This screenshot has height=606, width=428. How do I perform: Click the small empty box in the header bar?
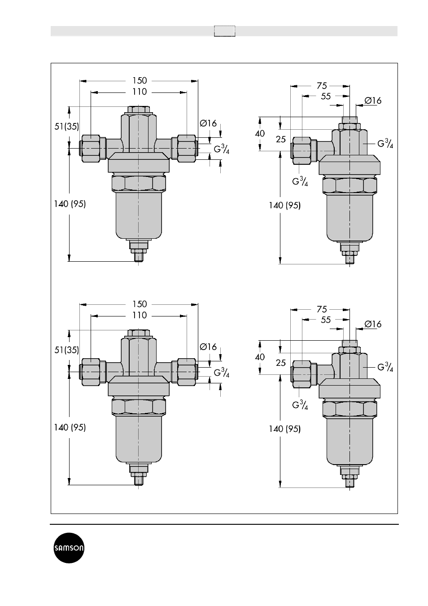click(224, 31)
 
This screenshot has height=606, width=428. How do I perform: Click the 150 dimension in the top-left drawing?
click(140, 81)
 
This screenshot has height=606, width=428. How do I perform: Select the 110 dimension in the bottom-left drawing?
click(140, 316)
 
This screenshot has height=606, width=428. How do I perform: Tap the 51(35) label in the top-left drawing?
click(67, 126)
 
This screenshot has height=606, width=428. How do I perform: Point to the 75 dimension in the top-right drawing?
click(322, 86)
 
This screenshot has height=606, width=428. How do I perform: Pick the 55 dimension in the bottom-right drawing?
click(326, 320)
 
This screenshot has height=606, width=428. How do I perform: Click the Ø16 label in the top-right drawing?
click(373, 101)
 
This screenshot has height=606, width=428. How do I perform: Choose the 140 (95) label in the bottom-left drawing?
click(70, 428)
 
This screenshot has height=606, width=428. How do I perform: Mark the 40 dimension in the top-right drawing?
click(260, 133)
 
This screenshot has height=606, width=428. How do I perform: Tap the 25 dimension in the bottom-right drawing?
click(281, 363)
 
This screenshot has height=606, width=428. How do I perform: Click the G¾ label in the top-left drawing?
click(222, 149)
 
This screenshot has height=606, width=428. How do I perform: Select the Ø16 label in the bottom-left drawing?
click(208, 347)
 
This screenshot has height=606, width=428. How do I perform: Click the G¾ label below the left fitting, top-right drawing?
click(300, 181)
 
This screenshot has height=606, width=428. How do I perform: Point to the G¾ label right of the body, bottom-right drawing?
click(385, 367)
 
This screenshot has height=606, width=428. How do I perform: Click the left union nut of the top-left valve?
click(90, 149)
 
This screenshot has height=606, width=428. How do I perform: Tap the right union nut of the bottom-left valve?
click(187, 372)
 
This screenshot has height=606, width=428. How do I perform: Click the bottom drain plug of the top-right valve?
click(349, 254)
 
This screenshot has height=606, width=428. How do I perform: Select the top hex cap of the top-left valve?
click(139, 110)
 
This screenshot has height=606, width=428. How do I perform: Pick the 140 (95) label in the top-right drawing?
click(285, 206)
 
